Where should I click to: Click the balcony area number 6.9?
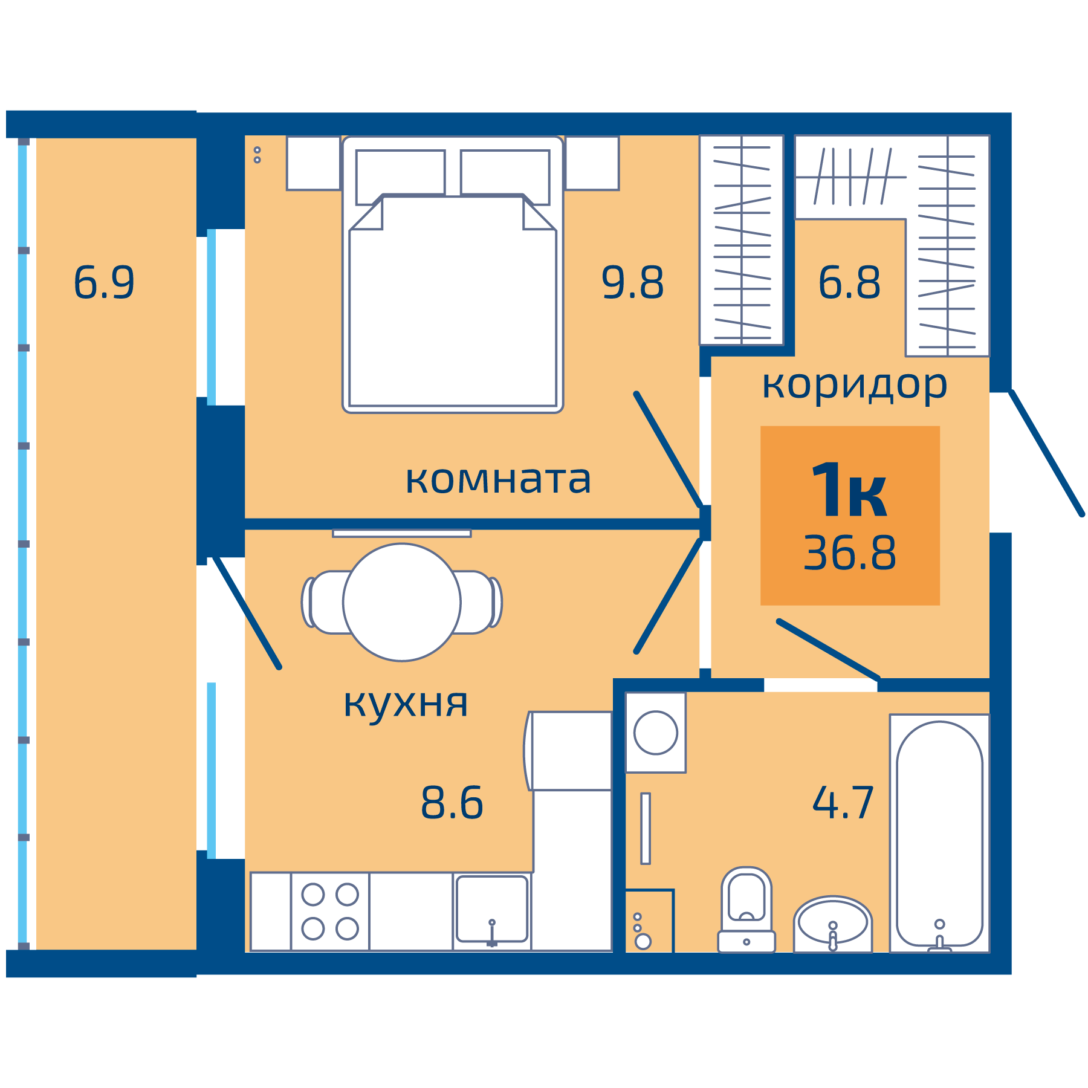(104, 282)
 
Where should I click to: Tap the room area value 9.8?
(632, 282)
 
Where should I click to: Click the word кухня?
(406, 703)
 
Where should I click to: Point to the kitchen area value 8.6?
(452, 803)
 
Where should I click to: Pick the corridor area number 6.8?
(849, 282)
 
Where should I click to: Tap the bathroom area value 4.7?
(843, 803)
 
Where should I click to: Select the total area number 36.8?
(849, 553)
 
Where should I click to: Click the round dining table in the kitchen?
(402, 602)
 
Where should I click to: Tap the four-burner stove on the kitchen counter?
(330, 912)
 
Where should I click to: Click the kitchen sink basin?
(491, 908)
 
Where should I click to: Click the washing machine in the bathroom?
(656, 733)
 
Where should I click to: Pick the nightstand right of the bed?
(592, 163)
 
